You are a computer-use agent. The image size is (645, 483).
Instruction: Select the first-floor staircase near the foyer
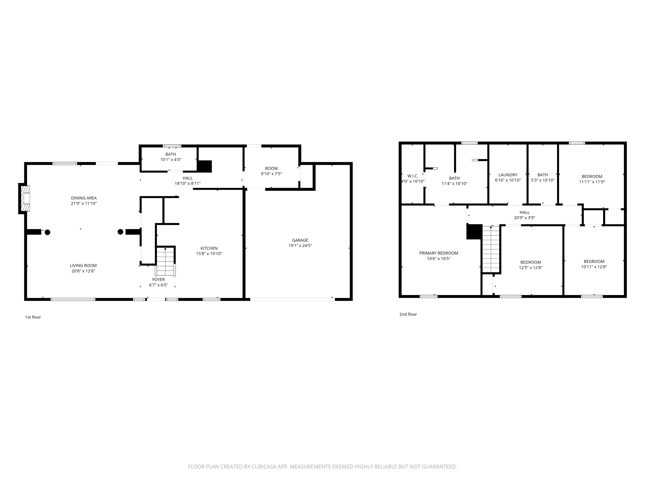[165, 261]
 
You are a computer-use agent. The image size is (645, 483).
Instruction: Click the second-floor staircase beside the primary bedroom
[491, 249]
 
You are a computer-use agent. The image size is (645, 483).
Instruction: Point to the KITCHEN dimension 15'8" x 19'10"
[209, 254]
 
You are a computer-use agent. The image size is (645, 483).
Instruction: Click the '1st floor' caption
[33, 317]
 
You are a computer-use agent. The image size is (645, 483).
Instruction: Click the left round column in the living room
[48, 232]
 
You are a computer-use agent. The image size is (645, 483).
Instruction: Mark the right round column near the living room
[120, 232]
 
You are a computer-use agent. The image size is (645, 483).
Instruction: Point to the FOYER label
[158, 279]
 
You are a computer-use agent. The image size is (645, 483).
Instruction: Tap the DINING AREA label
[84, 198]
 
